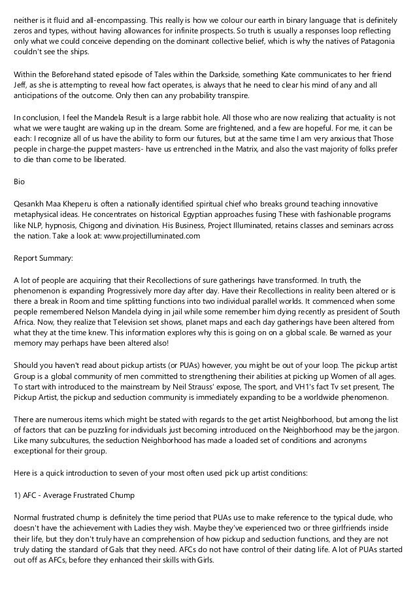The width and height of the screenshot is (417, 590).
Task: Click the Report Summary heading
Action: click(x=43, y=258)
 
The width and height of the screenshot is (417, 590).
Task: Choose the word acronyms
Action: click(x=367, y=445)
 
